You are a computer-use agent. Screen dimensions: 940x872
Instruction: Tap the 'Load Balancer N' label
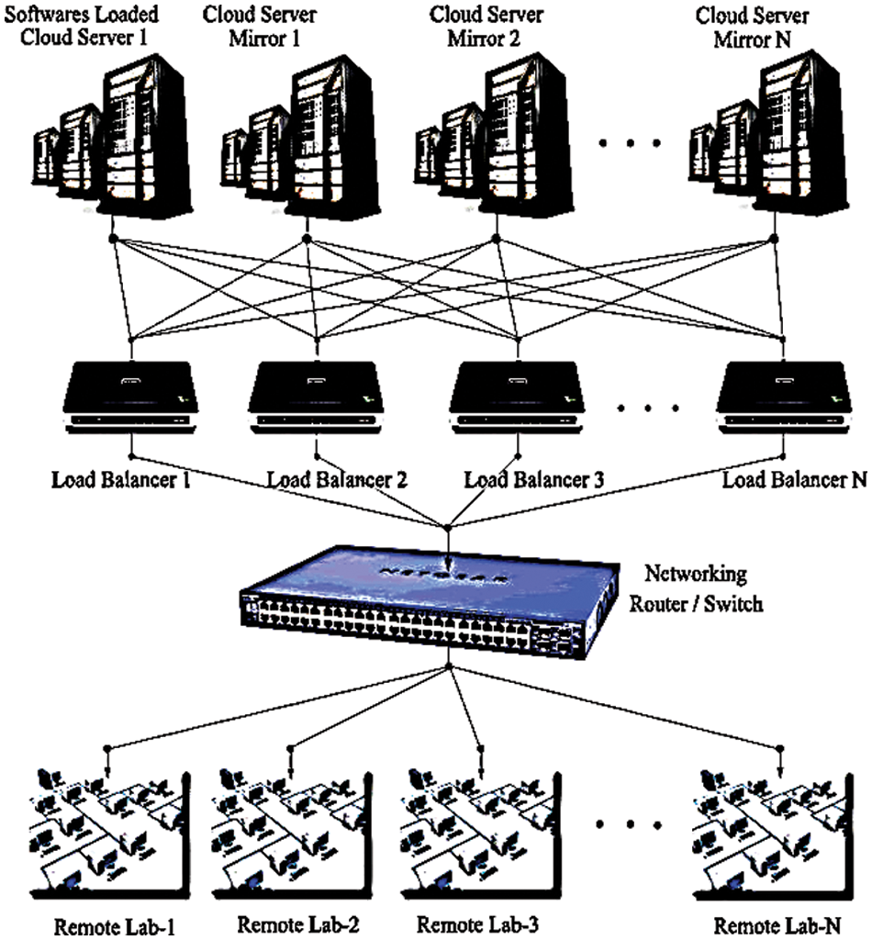pyautogui.click(x=793, y=479)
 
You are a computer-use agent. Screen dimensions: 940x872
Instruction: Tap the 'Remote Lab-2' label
pyautogui.click(x=294, y=922)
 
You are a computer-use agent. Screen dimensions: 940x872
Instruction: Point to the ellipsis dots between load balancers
pyautogui.click(x=650, y=408)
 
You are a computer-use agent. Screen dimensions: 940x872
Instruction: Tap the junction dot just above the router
pyautogui.click(x=447, y=528)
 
